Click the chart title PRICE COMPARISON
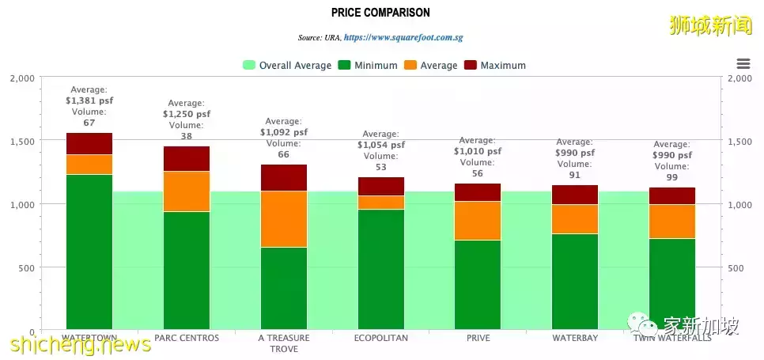pyautogui.click(x=381, y=13)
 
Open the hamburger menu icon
pyautogui.click(x=742, y=64)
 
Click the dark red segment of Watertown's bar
pyautogui.click(x=89, y=143)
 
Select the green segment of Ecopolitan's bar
pyautogui.click(x=380, y=269)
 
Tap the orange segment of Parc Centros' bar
pyautogui.click(x=187, y=191)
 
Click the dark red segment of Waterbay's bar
pyautogui.click(x=574, y=195)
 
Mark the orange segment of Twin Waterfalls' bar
pyautogui.click(x=671, y=221)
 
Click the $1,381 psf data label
pyautogui.click(x=89, y=100)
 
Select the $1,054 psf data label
pyautogui.click(x=380, y=145)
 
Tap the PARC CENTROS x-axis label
pyautogui.click(x=187, y=338)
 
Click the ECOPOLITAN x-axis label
pyautogui.click(x=380, y=338)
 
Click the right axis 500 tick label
pyautogui.click(x=736, y=267)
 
